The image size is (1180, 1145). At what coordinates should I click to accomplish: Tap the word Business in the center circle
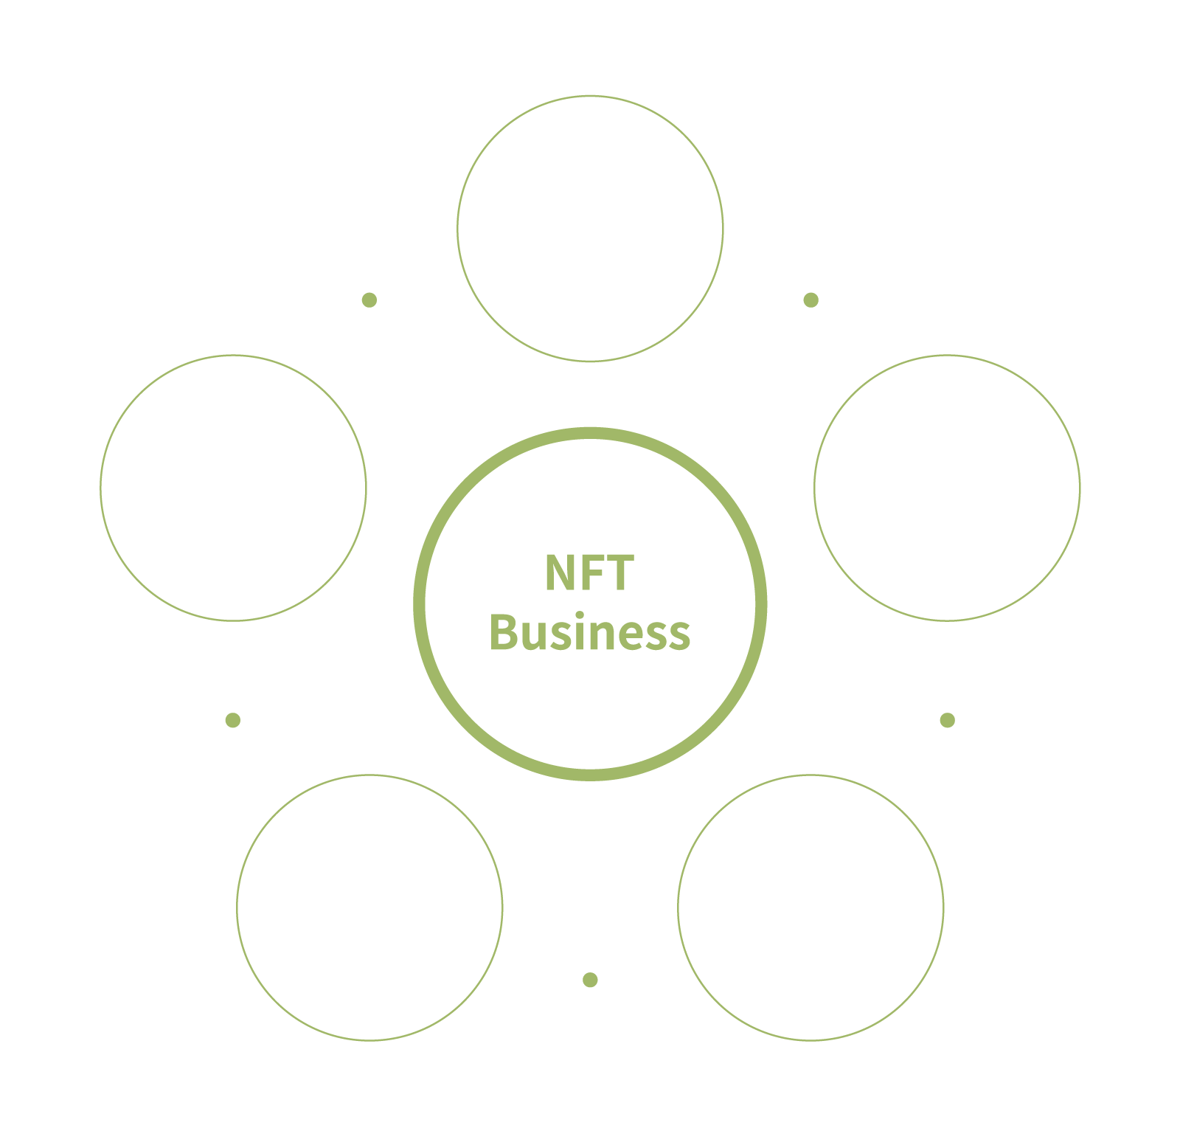tap(589, 633)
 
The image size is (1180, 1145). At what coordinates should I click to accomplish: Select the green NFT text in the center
tap(589, 573)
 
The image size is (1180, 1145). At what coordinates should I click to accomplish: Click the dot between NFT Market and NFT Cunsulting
tap(369, 300)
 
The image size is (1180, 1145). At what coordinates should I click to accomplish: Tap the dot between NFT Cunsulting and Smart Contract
tap(811, 300)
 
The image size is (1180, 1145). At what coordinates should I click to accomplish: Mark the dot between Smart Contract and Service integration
tap(948, 720)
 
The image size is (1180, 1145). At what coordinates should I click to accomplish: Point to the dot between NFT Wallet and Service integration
tap(589, 980)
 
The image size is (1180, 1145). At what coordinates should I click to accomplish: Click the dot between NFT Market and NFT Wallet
tap(233, 720)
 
